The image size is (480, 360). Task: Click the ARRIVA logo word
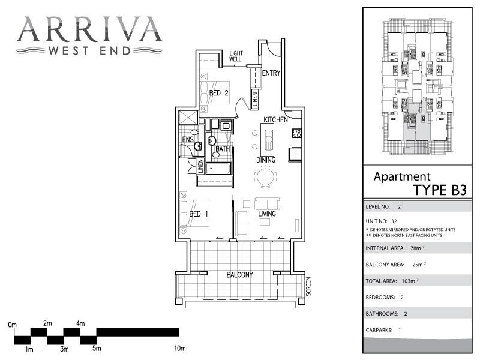(89, 29)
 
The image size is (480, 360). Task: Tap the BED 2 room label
(219, 93)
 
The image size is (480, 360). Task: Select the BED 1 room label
(199, 214)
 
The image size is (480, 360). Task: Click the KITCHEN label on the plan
(275, 120)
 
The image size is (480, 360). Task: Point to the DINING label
(265, 160)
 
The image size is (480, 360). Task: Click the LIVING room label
(267, 214)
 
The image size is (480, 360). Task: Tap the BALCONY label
(239, 275)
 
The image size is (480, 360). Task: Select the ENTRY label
(271, 73)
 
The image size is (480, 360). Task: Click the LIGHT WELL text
(236, 56)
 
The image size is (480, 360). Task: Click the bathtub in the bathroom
(218, 167)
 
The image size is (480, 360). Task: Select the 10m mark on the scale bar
(179, 348)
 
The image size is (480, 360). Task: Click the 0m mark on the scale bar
(13, 324)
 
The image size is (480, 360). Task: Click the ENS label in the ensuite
(188, 140)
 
